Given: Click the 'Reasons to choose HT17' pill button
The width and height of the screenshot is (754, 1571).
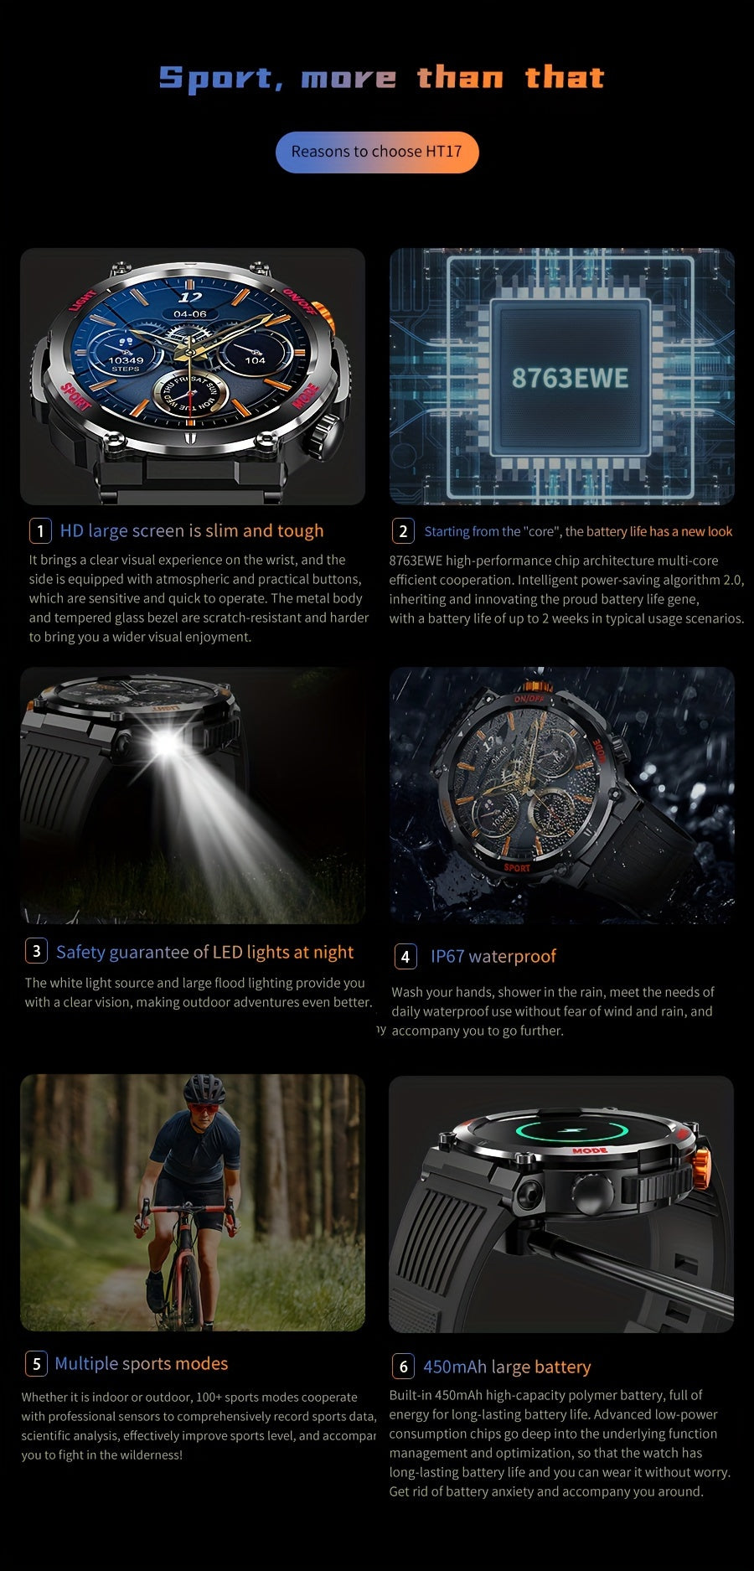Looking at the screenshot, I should coord(377,152).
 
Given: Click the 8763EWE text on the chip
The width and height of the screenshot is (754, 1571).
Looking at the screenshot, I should coord(570,378).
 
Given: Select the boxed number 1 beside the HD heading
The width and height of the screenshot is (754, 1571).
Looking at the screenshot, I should coord(40,531).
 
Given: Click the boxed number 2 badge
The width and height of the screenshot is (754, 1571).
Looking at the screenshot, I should coord(403,531).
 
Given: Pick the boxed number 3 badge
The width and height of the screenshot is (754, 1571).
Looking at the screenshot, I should coord(36,951).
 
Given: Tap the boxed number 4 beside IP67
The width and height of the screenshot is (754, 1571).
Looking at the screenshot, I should coord(405,956).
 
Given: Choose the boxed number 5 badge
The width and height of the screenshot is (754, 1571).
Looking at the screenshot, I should coord(36,1363).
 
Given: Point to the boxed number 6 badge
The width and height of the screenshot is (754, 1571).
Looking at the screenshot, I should coord(403,1367).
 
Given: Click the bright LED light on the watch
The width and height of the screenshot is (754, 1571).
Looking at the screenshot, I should coord(167,743).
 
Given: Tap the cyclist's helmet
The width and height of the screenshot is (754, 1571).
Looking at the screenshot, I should coord(204,1090).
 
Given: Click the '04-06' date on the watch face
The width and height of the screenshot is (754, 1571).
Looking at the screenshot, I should coord(190,314).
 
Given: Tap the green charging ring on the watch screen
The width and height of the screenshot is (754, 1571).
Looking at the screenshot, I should coord(572,1130).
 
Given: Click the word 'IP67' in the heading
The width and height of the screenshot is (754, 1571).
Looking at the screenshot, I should coord(448,956).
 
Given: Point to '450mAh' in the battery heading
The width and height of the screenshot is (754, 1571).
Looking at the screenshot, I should coord(455,1367).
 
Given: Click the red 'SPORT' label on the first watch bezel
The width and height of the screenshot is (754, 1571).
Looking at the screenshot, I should coord(76,395).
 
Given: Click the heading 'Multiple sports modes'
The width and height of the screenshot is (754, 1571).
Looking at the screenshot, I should coord(142,1363).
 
